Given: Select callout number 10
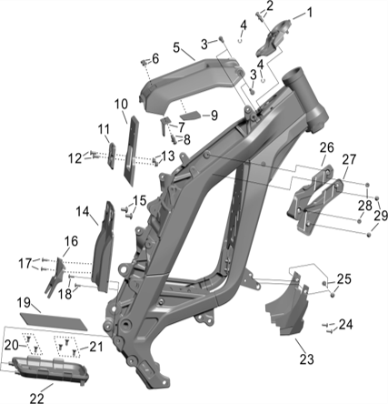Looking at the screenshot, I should click(x=121, y=104).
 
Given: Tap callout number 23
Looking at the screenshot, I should click(x=305, y=359).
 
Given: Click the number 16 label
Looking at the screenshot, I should click(x=70, y=241).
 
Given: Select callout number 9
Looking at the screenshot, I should click(x=214, y=115).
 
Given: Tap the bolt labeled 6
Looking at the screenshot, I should click(x=143, y=63).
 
